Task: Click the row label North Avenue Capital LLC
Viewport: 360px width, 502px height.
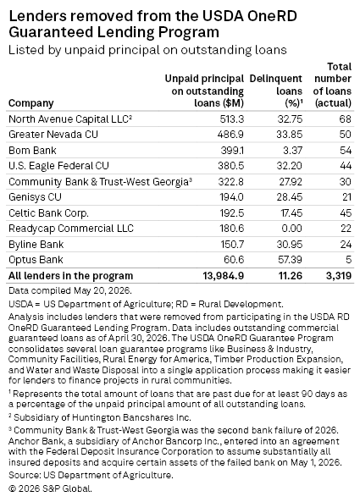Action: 70,119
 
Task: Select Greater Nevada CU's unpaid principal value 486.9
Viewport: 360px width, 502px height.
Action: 230,135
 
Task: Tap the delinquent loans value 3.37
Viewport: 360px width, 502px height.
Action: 293,150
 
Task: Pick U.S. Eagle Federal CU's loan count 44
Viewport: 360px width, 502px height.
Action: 346,166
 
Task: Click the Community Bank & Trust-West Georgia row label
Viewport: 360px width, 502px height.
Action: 100,181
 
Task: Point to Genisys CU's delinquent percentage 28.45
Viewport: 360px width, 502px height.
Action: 290,197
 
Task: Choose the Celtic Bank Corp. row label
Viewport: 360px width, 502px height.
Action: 48,212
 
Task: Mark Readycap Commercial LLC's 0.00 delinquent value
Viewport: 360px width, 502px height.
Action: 291,229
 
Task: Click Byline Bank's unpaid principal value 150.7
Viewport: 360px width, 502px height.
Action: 232,245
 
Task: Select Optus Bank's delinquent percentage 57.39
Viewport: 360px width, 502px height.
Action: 290,260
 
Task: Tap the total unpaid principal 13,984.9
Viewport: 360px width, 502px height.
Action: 224,276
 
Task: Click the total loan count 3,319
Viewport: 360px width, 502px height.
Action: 339,276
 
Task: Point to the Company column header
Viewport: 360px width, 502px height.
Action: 31,103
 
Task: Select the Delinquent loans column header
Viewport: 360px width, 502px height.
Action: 276,91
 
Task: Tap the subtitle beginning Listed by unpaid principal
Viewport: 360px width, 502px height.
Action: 147,50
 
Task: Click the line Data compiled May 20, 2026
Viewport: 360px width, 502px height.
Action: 70,290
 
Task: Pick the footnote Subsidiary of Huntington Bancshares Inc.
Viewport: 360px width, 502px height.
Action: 100,417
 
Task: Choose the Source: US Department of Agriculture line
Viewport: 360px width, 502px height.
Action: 91,475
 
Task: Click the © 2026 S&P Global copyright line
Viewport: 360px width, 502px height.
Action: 50,488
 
